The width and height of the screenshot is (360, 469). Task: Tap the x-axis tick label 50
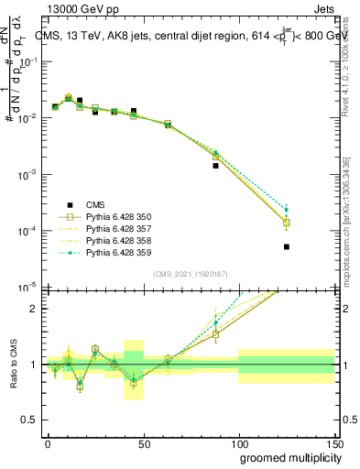coord(143,442)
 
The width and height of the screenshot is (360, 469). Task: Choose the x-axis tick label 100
coord(238,442)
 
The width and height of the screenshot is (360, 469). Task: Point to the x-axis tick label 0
coord(48,442)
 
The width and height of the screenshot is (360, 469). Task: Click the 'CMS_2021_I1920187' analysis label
coord(191,273)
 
